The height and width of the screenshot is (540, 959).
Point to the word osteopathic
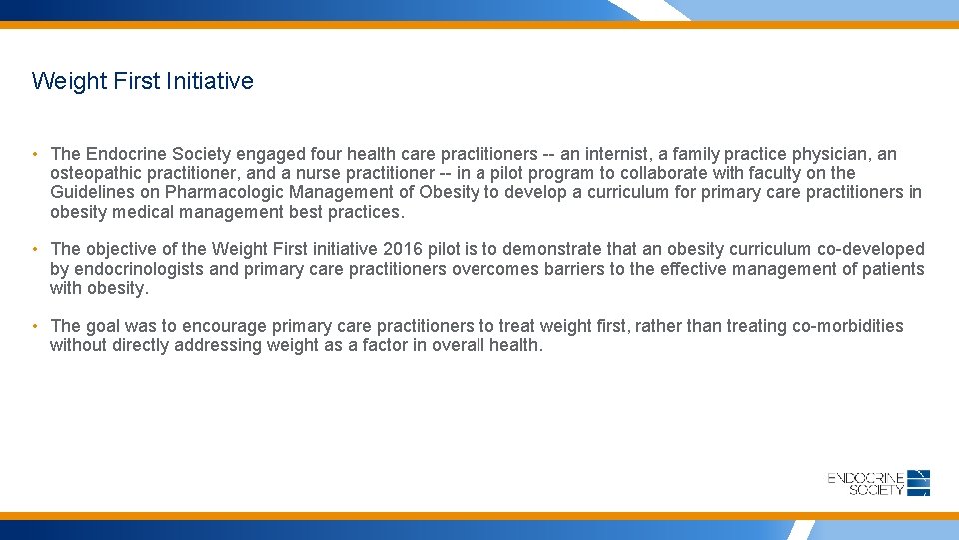click(x=97, y=173)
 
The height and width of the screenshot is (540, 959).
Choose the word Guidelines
click(x=90, y=192)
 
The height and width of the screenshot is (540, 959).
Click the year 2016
click(x=404, y=249)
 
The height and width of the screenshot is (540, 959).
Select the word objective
click(x=123, y=249)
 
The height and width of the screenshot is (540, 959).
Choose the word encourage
click(x=230, y=326)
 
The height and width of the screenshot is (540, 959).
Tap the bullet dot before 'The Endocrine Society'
click(x=35, y=154)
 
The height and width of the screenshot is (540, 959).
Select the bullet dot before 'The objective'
click(x=35, y=249)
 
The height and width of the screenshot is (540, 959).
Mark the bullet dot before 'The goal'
click(x=35, y=326)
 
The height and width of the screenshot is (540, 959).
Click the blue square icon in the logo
click(x=919, y=483)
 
